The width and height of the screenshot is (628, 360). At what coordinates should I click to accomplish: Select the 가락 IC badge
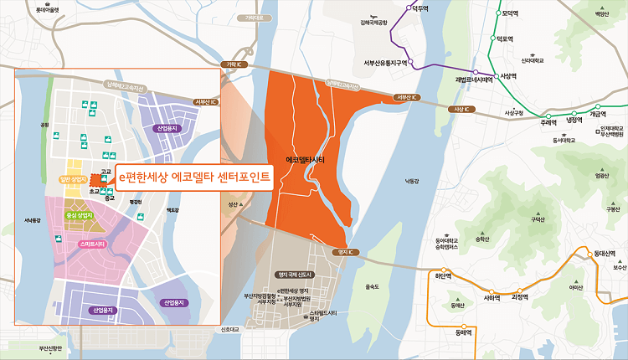[228, 64]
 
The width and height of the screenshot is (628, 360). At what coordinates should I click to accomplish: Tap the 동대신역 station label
[603, 253]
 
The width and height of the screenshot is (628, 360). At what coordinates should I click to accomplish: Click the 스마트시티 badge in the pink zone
[94, 244]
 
